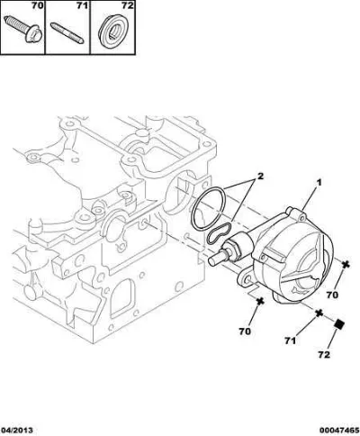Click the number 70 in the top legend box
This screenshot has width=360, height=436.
38,5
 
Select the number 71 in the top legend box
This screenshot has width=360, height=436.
83,5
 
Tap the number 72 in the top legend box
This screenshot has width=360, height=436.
127,5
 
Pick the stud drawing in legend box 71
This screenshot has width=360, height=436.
67,32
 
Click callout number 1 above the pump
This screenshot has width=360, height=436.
319,182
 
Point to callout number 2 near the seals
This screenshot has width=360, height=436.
260,176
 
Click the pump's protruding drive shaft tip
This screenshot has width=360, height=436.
213,259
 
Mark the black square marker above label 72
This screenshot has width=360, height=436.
339,324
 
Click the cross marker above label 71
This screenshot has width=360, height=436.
319,313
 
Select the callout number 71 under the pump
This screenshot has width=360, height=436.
290,341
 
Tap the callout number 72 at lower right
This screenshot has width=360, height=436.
324,355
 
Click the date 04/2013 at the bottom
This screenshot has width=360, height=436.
16,431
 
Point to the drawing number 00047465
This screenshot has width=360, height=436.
339,431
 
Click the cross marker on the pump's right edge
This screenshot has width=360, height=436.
346,265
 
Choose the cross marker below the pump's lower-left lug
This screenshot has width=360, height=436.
260,301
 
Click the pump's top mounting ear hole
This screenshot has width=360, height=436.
302,217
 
